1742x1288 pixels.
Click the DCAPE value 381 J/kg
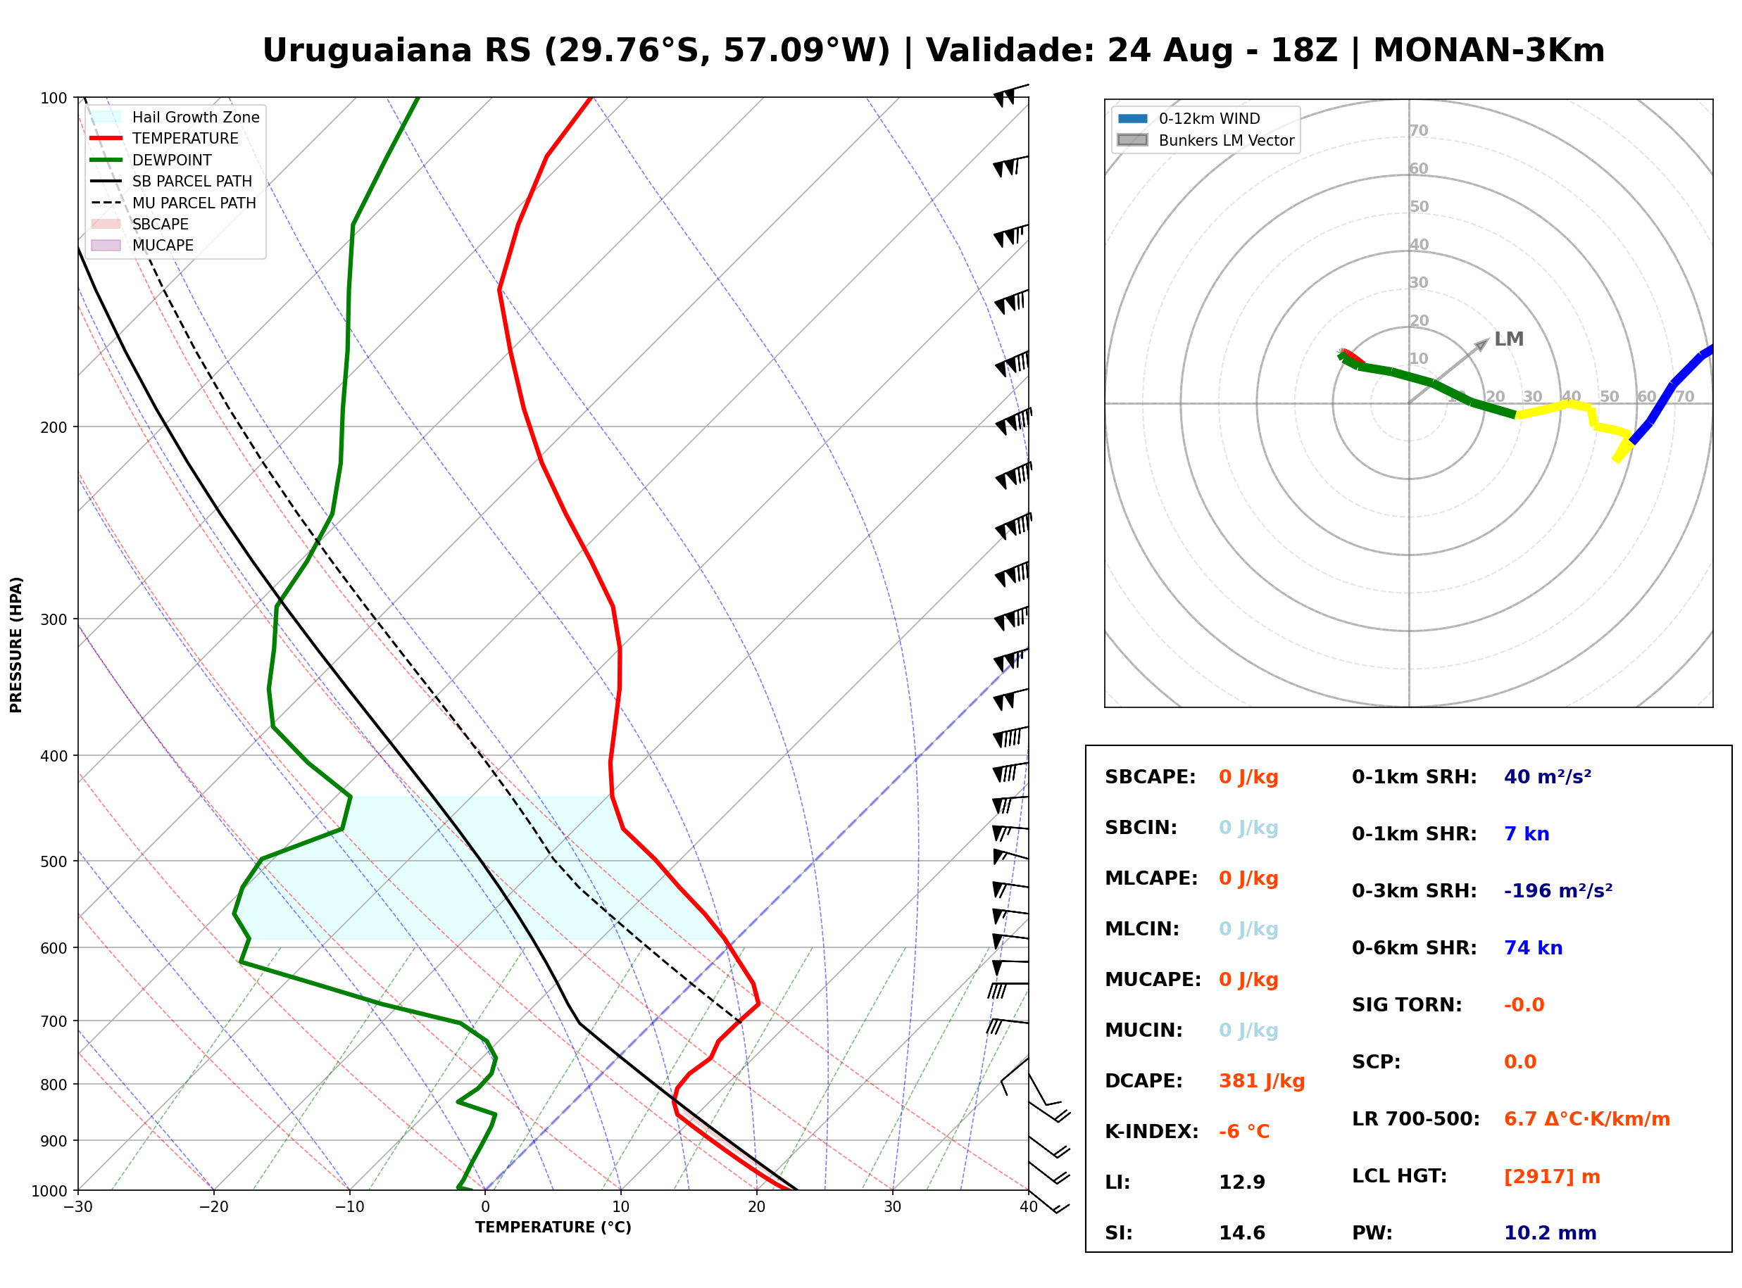tap(1261, 1080)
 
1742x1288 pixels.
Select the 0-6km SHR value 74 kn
tap(1532, 947)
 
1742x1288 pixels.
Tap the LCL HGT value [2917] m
tap(1551, 1177)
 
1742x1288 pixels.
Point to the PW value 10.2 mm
tap(1549, 1232)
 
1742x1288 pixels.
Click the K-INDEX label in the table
tap(1151, 1131)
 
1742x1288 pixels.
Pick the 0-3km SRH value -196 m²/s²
tap(1558, 890)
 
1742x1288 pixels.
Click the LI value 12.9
tap(1241, 1182)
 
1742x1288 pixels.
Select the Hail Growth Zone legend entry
tap(175, 117)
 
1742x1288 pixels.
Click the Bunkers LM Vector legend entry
tap(1205, 140)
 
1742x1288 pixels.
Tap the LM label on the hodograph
tap(1508, 339)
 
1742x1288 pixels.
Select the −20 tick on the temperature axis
tap(213, 1207)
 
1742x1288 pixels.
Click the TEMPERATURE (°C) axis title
tap(553, 1227)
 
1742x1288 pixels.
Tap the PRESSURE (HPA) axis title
tap(16, 644)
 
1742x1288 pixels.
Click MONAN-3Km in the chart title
tap(1489, 51)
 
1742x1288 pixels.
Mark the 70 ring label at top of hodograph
tap(1418, 130)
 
